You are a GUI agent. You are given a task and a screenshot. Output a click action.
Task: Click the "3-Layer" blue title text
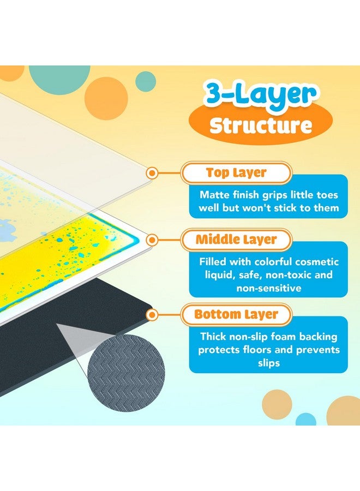[260, 94]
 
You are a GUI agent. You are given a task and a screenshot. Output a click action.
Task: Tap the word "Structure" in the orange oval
[261, 125]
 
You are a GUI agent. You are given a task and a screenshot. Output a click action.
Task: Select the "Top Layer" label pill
[236, 173]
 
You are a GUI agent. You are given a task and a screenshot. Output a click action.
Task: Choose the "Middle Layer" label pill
[236, 239]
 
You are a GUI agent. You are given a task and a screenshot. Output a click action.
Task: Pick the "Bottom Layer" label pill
[236, 315]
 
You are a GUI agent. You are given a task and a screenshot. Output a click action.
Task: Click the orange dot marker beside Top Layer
[153, 173]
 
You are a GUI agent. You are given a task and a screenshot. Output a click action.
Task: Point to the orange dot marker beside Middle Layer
[153, 239]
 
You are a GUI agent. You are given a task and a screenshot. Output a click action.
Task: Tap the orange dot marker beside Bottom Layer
[153, 315]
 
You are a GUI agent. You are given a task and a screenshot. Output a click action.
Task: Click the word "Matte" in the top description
[213, 195]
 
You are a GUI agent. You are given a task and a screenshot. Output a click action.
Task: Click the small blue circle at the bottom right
[306, 419]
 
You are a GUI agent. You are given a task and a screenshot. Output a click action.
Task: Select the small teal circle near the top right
[145, 81]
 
